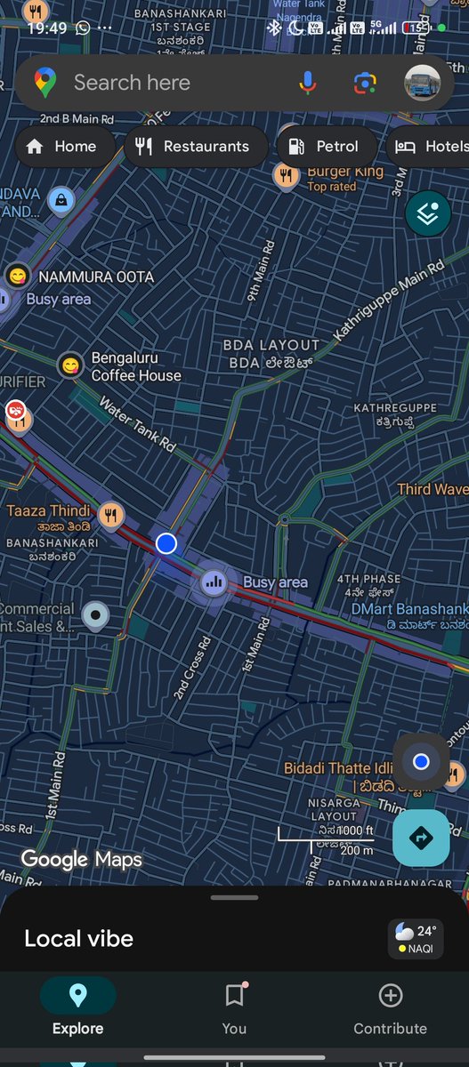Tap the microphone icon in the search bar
tap(308, 83)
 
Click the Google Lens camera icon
tap(364, 83)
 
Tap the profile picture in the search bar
tap(422, 83)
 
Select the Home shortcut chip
tap(62, 147)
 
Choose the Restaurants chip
tap(195, 147)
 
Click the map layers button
tap(427, 213)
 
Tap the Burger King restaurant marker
tap(286, 176)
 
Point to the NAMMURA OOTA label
tap(96, 277)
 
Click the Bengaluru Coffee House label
tap(135, 366)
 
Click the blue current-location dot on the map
tap(166, 543)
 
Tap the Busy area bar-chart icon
tap(213, 582)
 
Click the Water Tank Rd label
tap(137, 422)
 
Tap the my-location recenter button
tap(421, 762)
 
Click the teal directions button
tap(421, 838)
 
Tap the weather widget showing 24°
tap(416, 939)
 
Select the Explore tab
tap(77, 1007)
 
